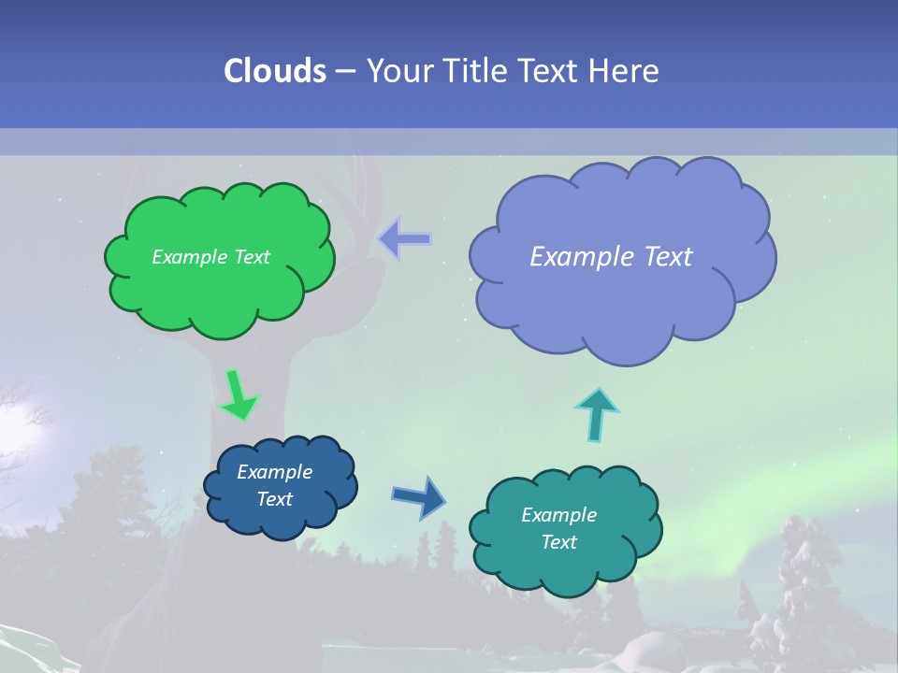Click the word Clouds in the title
(x=275, y=71)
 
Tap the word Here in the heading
(x=624, y=71)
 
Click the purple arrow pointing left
(x=405, y=239)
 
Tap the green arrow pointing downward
(x=238, y=394)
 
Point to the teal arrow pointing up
(x=597, y=414)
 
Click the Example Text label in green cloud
(x=210, y=257)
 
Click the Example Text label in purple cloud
(x=611, y=257)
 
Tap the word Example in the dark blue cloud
(x=274, y=472)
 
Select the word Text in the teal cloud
(x=558, y=542)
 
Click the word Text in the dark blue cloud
(x=274, y=499)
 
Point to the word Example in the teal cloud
(x=558, y=515)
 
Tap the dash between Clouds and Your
(x=345, y=72)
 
